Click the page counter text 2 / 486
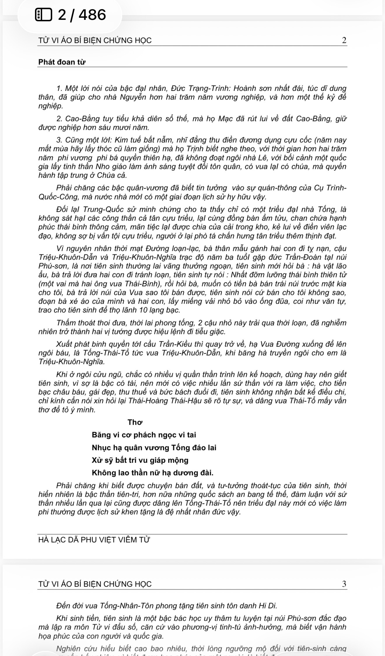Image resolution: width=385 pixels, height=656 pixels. (x=82, y=15)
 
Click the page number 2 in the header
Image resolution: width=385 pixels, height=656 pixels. (x=344, y=41)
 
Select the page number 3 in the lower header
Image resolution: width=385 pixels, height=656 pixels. (x=344, y=584)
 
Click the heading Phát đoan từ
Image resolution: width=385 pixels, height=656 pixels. (x=62, y=62)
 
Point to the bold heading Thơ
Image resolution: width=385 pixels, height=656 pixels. (x=135, y=422)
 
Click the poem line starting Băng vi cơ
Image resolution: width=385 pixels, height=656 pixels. (x=144, y=435)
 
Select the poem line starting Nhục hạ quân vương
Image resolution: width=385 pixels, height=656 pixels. (x=154, y=448)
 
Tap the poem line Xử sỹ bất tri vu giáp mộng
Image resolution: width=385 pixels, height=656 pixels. (x=140, y=460)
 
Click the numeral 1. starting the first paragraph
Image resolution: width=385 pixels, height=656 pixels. (x=60, y=88)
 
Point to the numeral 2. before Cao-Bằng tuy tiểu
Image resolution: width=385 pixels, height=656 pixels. (x=60, y=119)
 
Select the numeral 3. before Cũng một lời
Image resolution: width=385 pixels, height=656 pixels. (x=60, y=140)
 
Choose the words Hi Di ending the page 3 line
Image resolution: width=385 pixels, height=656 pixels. (x=268, y=606)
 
